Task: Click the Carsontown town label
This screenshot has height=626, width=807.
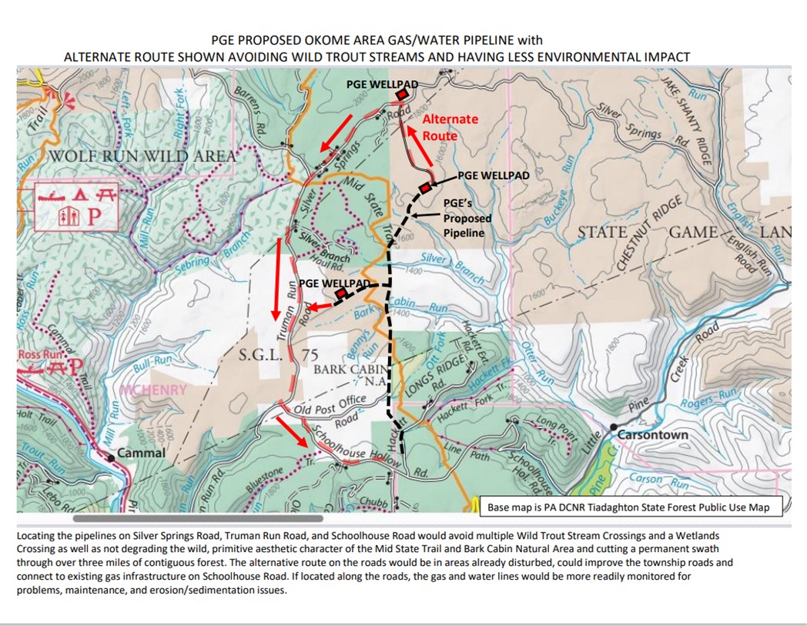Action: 653,435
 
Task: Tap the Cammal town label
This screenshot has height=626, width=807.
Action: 141,453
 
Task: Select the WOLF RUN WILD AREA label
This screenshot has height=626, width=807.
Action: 142,157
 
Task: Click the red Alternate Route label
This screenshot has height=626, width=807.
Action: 450,127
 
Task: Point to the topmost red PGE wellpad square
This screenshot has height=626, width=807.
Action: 401,93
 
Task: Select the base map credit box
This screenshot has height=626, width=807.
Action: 628,507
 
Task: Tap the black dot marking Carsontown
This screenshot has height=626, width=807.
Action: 614,427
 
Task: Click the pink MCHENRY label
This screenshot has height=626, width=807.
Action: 152,390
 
